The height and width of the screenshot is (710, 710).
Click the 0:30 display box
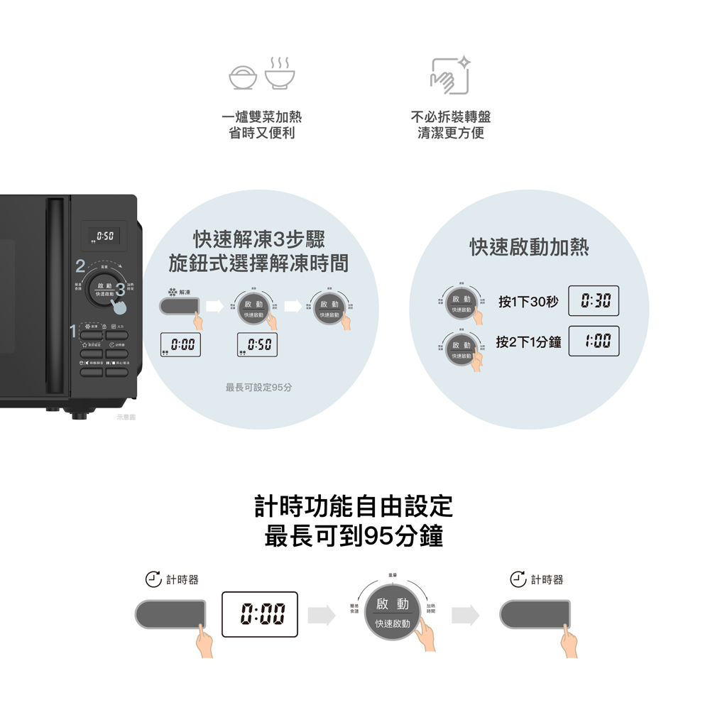tap(594, 301)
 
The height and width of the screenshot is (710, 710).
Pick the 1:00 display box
tap(594, 342)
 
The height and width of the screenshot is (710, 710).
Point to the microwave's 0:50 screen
tap(105, 234)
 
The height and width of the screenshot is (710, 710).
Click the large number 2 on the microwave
tap(80, 267)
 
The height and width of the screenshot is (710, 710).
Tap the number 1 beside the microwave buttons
tap(72, 331)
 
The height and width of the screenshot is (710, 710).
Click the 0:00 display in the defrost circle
tap(180, 344)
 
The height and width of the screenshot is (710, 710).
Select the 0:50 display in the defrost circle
tap(258, 344)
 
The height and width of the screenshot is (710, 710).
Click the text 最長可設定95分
tap(258, 387)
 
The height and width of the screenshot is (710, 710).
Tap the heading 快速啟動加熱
tap(529, 247)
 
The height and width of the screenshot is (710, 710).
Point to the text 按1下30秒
tap(528, 302)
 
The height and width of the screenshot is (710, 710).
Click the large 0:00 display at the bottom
tap(260, 613)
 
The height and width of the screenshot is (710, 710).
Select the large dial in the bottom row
tap(393, 613)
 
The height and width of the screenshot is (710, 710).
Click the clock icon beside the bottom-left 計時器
tap(153, 579)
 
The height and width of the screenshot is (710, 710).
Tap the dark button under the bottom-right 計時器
tap(535, 614)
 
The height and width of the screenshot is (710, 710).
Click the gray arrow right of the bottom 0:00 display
tap(322, 615)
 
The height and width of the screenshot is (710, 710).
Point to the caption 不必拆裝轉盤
tap(450, 116)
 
